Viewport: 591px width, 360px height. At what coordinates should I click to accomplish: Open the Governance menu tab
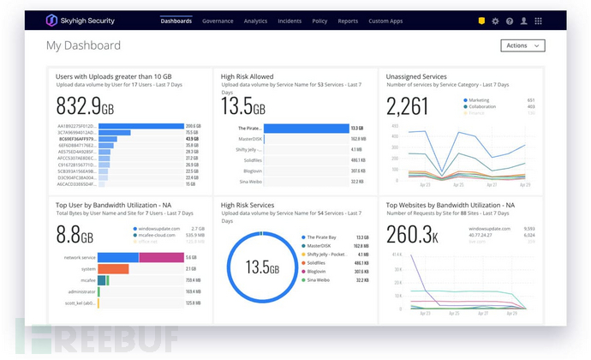tap(218, 21)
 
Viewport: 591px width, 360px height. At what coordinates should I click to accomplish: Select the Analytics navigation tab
tap(255, 21)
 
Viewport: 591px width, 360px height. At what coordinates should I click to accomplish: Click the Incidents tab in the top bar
tap(290, 21)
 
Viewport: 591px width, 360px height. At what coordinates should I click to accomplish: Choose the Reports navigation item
tap(348, 21)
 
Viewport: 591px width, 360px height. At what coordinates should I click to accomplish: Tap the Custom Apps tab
tap(385, 21)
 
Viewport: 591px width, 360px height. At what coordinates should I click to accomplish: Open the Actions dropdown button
tap(522, 45)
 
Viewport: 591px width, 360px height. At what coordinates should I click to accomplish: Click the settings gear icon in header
tap(495, 21)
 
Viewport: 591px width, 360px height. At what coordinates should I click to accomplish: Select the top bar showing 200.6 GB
tap(141, 126)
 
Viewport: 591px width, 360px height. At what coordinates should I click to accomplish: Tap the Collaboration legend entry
tap(482, 106)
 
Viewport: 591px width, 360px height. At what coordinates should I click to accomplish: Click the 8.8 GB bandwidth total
tap(74, 234)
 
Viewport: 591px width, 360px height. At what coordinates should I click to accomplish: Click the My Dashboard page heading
tap(84, 45)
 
